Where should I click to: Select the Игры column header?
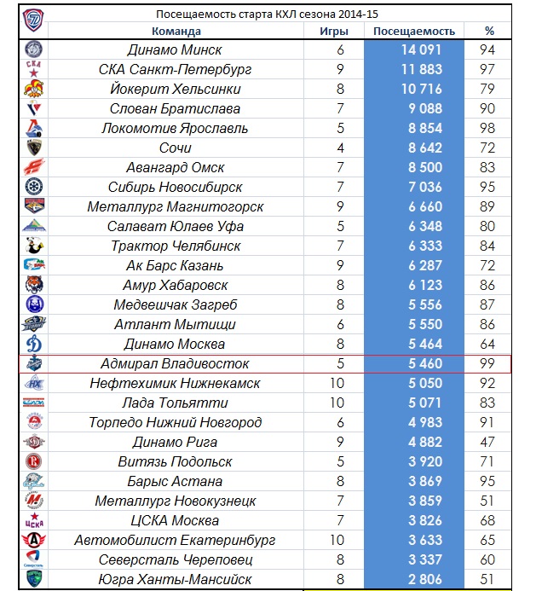(x=340, y=32)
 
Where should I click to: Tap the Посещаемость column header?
(x=414, y=32)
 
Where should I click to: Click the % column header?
(x=489, y=32)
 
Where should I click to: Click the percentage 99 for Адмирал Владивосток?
(x=489, y=364)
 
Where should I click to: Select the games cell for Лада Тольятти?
(x=340, y=403)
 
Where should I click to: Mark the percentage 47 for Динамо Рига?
(x=489, y=443)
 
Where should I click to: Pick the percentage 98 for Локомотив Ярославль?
(x=489, y=129)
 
